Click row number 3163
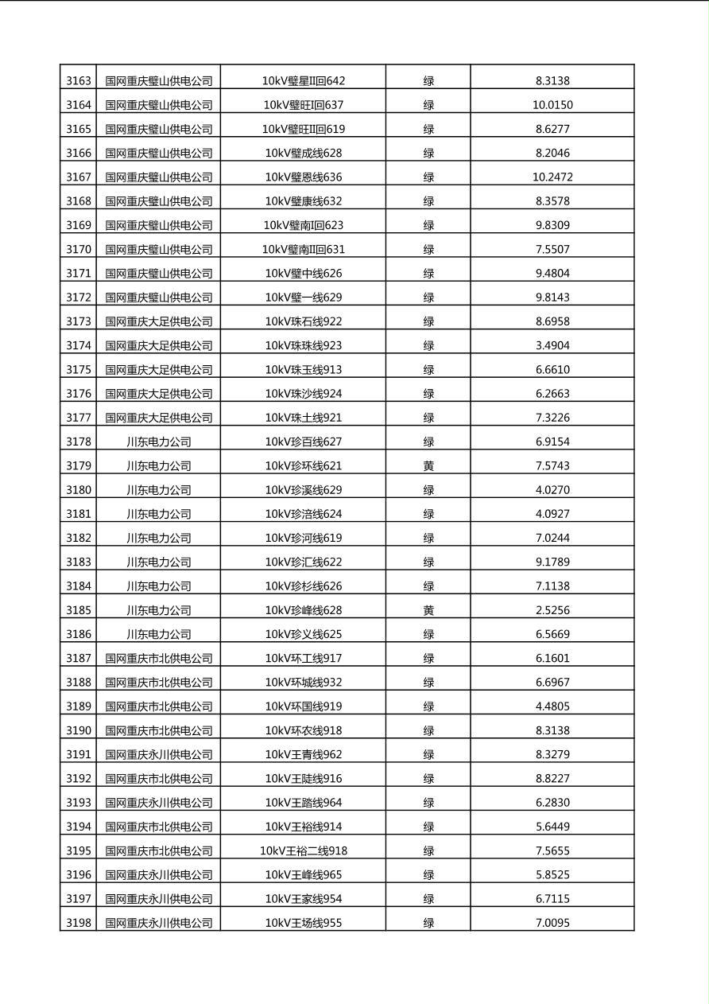78,80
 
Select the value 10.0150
552,105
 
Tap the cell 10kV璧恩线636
303,177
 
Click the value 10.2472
552,177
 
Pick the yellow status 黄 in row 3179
428,465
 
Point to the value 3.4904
552,345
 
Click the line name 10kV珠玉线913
303,369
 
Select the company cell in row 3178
158,442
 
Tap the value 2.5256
552,610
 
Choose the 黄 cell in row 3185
428,610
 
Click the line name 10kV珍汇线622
303,562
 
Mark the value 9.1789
552,562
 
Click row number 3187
78,658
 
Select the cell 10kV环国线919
303,706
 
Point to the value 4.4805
552,706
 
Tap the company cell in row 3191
158,754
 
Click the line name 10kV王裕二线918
303,850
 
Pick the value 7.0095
552,923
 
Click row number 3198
78,923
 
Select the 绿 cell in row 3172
428,298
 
